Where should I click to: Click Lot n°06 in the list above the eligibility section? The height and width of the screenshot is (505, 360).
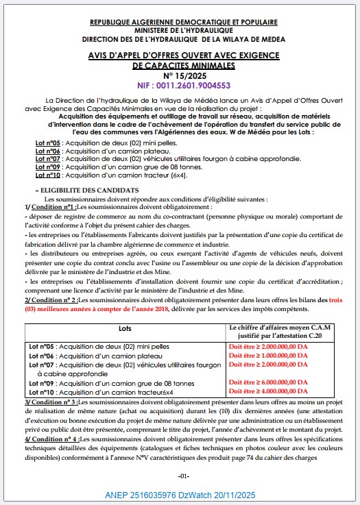(48, 150)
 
